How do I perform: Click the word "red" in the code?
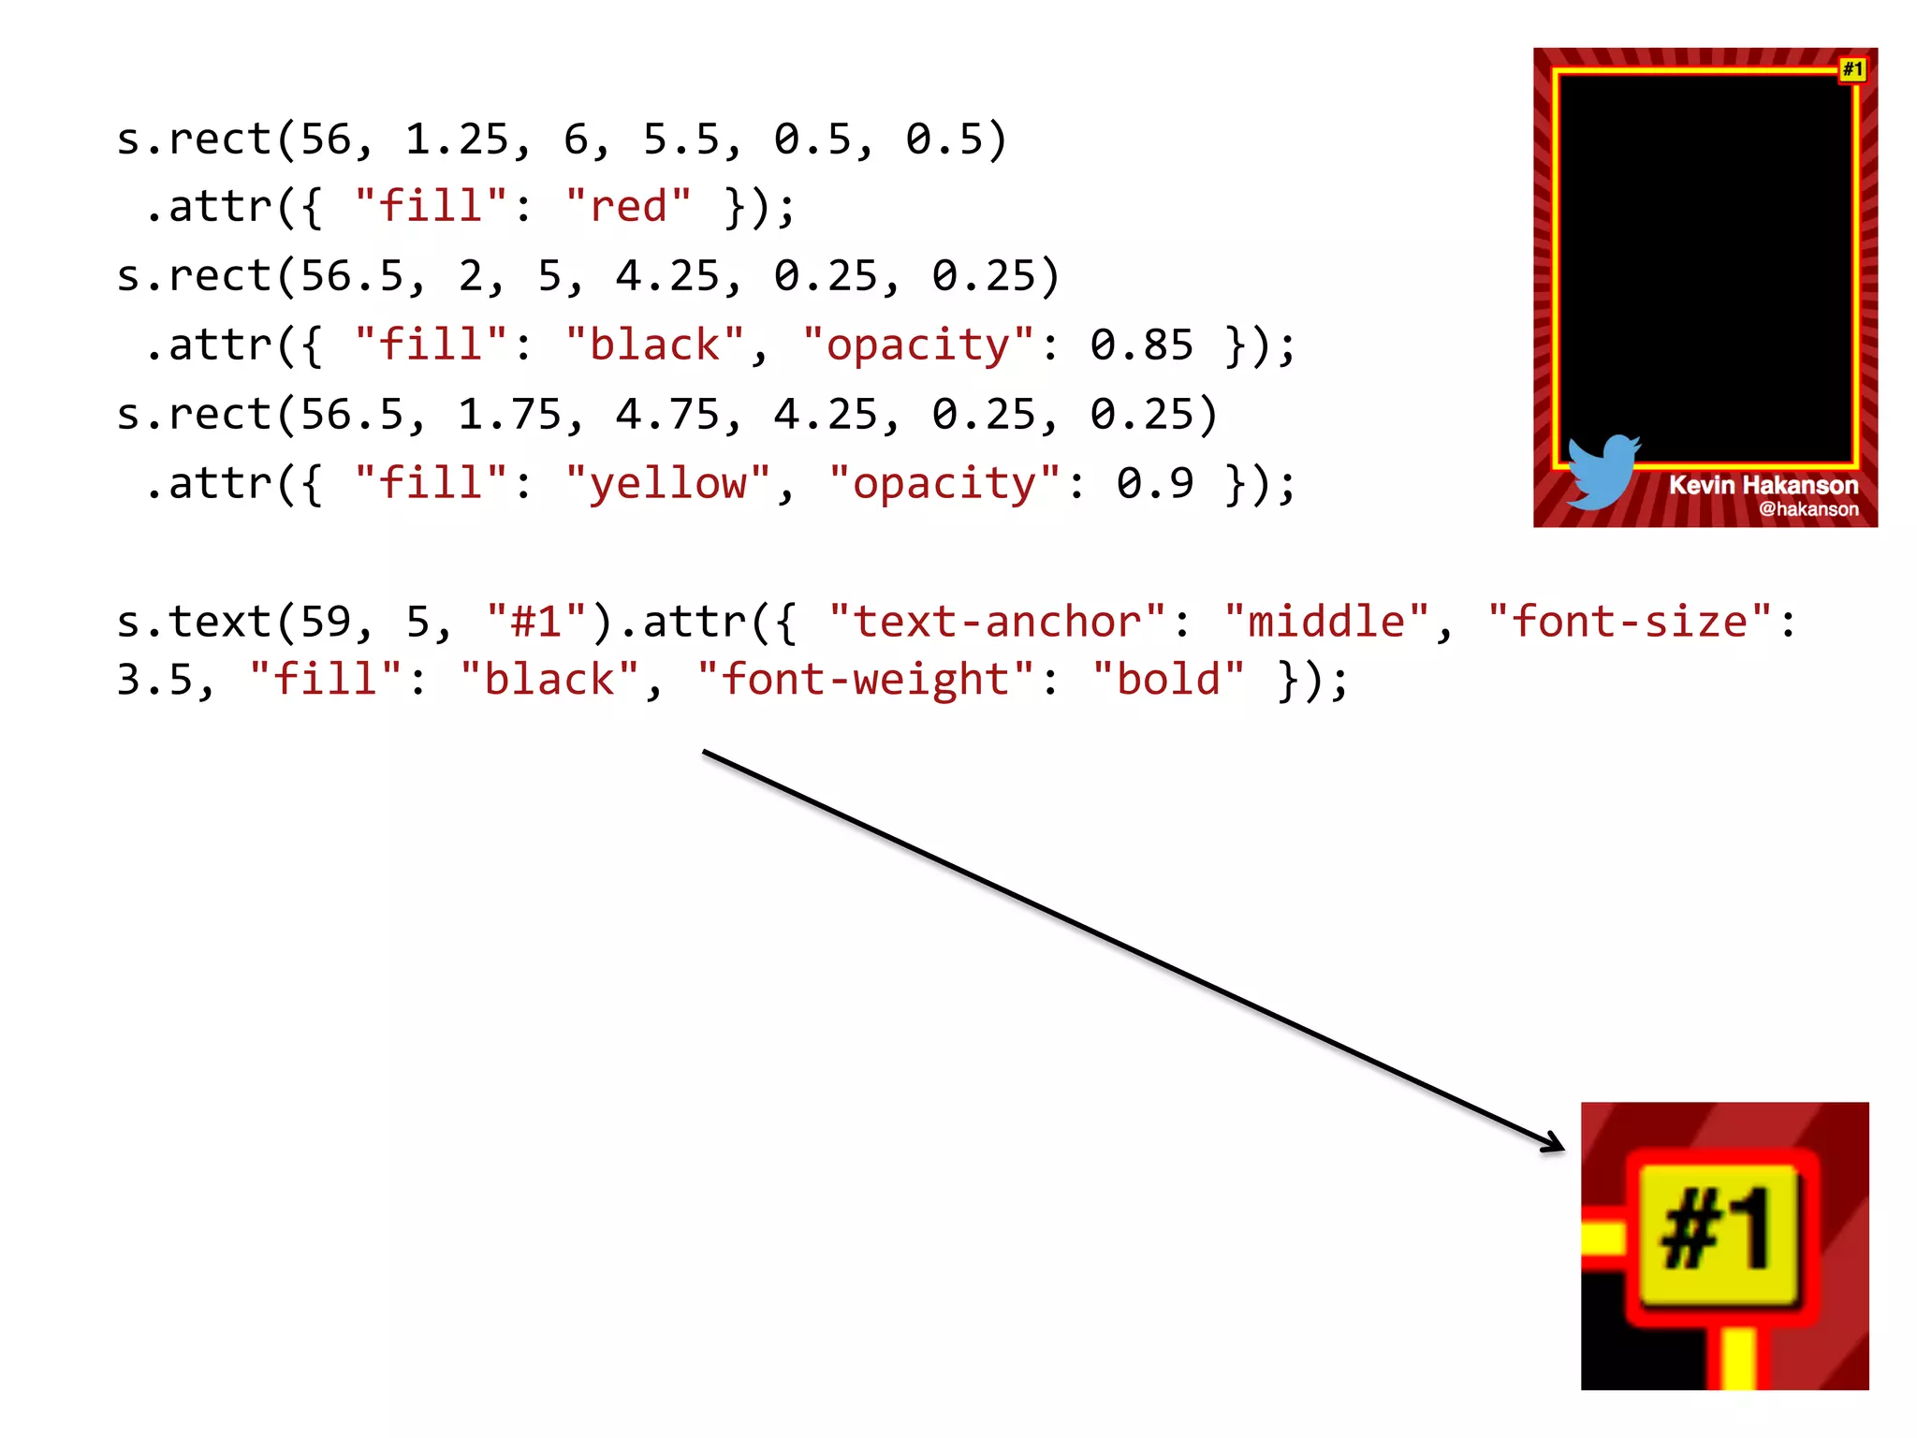tap(628, 206)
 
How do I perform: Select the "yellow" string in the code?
tap(667, 483)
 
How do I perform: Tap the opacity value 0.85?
tap(1141, 345)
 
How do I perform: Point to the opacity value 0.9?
tap(1154, 483)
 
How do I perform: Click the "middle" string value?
tap(1326, 622)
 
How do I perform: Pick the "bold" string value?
tap(1168, 680)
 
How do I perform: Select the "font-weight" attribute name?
tap(866, 680)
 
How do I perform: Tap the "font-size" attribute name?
tap(1630, 622)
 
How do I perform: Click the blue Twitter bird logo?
tap(1602, 471)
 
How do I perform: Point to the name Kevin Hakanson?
tap(1763, 485)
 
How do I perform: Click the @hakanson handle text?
tap(1807, 509)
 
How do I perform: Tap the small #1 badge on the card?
tap(1852, 69)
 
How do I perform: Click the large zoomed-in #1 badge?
tap(1719, 1229)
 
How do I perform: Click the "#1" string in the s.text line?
tap(536, 622)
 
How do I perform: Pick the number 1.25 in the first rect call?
tap(457, 139)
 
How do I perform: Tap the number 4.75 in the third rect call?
tap(667, 415)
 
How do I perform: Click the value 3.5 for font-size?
tap(154, 680)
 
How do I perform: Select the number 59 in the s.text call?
tap(326, 622)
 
